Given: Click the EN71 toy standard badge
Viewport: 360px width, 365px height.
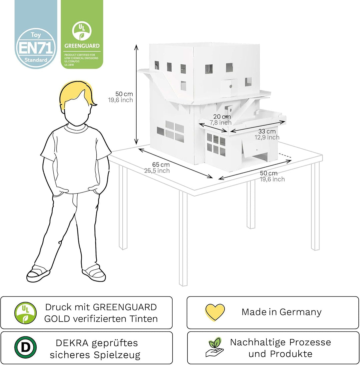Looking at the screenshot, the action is (x=36, y=48).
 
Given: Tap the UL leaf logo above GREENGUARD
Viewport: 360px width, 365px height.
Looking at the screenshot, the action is (x=82, y=31).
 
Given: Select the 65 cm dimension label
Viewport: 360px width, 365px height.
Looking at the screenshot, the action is (x=161, y=165).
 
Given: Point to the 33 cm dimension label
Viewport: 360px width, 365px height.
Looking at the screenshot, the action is (x=267, y=131).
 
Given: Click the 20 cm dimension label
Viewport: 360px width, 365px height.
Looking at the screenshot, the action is (x=222, y=116).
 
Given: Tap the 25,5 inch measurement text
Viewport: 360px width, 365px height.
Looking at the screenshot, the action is (x=157, y=171).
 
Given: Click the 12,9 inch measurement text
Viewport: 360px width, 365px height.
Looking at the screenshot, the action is (x=267, y=137).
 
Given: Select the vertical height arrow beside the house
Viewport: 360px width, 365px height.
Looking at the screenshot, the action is (x=136, y=95).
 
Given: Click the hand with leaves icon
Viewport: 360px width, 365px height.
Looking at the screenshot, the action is (x=215, y=347).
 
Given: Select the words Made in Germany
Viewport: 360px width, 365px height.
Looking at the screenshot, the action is (x=281, y=312).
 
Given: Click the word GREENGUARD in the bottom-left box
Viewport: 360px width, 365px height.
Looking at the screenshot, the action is (x=125, y=307).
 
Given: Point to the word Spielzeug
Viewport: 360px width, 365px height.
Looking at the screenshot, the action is (x=117, y=355).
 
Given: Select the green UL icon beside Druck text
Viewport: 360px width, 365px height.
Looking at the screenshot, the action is (x=25, y=313).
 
